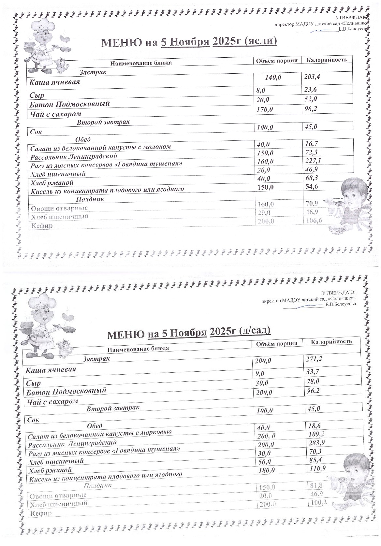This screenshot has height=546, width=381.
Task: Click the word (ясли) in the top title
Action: pos(260,41)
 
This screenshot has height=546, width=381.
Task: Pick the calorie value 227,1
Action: pos(313,161)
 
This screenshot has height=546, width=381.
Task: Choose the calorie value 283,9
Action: pos(316,442)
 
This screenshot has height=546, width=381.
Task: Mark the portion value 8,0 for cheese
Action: pos(261,90)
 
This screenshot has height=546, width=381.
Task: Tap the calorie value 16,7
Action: pos(311,144)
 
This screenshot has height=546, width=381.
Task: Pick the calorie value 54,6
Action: pos(311,186)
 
